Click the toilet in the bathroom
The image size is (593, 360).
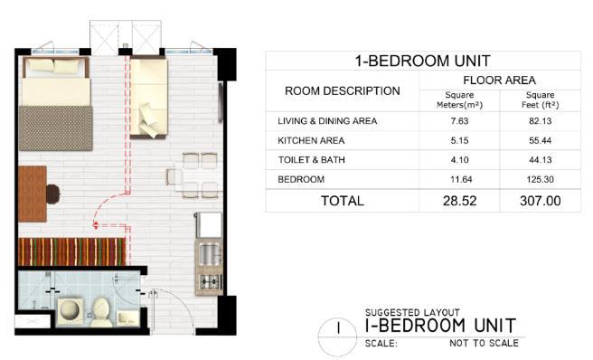pos(101,311)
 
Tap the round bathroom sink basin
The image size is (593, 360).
pos(70,310)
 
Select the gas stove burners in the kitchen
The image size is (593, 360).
pos(210,281)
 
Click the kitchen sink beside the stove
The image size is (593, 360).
pos(209,253)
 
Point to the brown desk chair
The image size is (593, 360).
pos(53,194)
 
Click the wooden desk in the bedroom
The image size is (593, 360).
pos(33,194)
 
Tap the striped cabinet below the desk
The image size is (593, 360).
pos(71,251)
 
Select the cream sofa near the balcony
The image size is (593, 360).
pos(148,98)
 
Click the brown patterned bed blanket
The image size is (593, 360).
pos(56,128)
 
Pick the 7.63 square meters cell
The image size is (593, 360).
pos(459,121)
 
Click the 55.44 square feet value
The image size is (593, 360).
pos(540,141)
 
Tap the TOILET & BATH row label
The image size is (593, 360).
pos(312,160)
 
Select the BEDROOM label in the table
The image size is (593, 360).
pos(301,179)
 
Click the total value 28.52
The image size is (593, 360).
pos(459,201)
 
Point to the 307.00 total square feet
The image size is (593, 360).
pos(540,201)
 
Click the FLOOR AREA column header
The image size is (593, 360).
pos(499,81)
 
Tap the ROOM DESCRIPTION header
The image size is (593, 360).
pos(343,90)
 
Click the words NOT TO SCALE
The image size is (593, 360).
pos(485,344)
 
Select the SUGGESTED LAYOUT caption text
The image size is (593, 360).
pos(412,313)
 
